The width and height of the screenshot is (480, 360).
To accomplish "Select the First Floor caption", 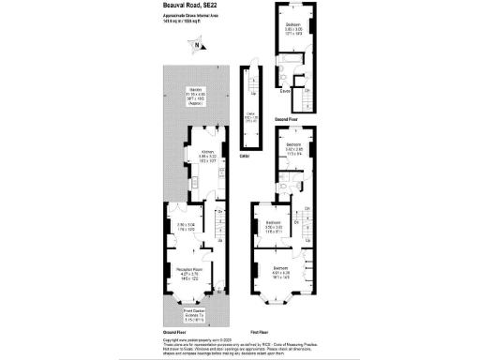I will click(262, 333).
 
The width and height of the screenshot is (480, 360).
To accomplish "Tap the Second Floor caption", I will click(287, 121).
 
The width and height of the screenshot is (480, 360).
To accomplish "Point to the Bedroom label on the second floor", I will click(293, 22).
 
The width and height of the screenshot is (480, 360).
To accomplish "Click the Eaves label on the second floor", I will click(284, 91).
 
